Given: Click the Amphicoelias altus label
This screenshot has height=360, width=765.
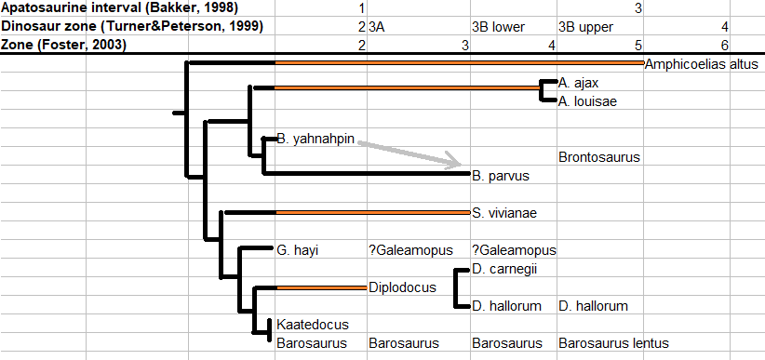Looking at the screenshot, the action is (x=701, y=64).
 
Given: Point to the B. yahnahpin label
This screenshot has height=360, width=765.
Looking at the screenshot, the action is (x=315, y=139).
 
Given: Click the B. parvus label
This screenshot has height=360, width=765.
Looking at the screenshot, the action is (x=501, y=176).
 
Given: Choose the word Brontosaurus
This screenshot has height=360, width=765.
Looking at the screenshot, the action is (x=599, y=157).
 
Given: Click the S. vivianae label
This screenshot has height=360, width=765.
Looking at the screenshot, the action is (x=504, y=213).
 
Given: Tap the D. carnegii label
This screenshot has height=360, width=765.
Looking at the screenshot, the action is (x=504, y=269).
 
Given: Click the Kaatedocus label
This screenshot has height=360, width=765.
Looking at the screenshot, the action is (x=313, y=325).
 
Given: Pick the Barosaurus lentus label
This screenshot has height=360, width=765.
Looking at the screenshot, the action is (x=613, y=343).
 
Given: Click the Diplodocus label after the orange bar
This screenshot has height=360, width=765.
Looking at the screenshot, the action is (x=402, y=287).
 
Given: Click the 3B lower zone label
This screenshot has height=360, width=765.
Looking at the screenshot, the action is (x=498, y=27).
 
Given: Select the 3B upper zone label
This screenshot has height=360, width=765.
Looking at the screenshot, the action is (x=585, y=27).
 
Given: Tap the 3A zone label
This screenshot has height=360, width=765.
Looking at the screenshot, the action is (x=377, y=27).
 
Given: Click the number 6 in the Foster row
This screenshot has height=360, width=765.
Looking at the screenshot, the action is (x=725, y=46).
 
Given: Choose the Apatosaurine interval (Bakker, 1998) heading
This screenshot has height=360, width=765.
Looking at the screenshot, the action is (x=120, y=7).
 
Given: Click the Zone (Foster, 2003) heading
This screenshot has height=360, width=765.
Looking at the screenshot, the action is (x=63, y=46).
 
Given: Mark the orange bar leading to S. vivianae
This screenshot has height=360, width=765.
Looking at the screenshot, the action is (x=372, y=213).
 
